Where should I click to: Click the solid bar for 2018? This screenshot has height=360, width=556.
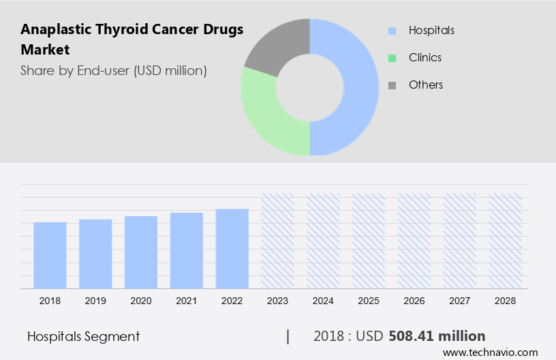tap(50, 255)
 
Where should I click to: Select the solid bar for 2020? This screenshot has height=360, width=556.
tap(141, 252)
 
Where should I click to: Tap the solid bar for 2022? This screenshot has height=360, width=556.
tap(232, 248)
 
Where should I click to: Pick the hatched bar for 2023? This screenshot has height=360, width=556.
tap(278, 241)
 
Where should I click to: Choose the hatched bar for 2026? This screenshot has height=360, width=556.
tap(414, 241)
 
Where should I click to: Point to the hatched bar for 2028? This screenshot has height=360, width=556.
tap(506, 241)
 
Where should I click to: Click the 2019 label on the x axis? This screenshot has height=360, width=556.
tap(95, 301)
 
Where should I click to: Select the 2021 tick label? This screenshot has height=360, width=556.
tap(187, 301)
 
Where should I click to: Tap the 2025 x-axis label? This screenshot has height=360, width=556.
tap(369, 301)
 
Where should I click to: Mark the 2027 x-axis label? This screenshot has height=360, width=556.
tap(460, 301)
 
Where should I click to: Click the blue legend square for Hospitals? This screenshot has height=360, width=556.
tap(392, 31)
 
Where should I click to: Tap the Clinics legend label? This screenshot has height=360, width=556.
tap(424, 58)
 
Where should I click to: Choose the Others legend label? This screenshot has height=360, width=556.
tap(425, 85)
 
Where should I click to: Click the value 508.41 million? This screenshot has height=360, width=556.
tap(437, 336)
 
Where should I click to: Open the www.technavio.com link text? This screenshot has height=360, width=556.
tap(490, 352)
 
